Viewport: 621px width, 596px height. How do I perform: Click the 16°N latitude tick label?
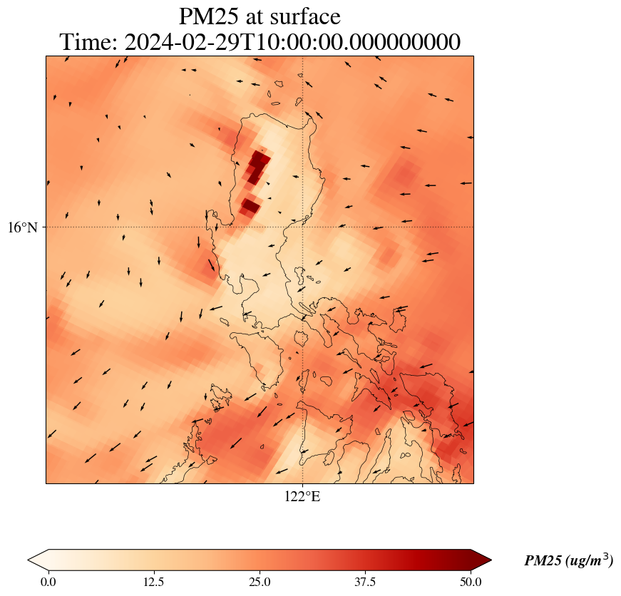pyautogui.click(x=27, y=227)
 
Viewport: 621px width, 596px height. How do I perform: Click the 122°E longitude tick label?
pyautogui.click(x=302, y=497)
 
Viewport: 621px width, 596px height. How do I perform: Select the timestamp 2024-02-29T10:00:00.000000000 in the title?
pyautogui.click(x=292, y=42)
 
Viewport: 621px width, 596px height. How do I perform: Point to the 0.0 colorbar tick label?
pyautogui.click(x=48, y=582)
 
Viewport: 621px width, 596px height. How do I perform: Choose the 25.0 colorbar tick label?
pyautogui.click(x=260, y=582)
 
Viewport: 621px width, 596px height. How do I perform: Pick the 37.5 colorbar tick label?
pyautogui.click(x=365, y=582)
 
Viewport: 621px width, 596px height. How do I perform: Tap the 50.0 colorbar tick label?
pyautogui.click(x=471, y=582)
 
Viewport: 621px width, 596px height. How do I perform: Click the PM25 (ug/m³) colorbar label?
pyautogui.click(x=568, y=560)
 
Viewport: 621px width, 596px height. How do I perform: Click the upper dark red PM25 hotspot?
pyautogui.click(x=257, y=166)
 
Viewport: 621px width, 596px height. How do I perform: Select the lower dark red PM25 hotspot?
pyautogui.click(x=250, y=206)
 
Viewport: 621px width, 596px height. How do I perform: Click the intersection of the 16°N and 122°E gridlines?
pyautogui.click(x=303, y=227)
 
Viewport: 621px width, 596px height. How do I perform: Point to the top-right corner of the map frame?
pyautogui.click(x=473, y=56)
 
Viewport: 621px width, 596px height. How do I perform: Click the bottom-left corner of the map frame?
pyautogui.click(x=46, y=483)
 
